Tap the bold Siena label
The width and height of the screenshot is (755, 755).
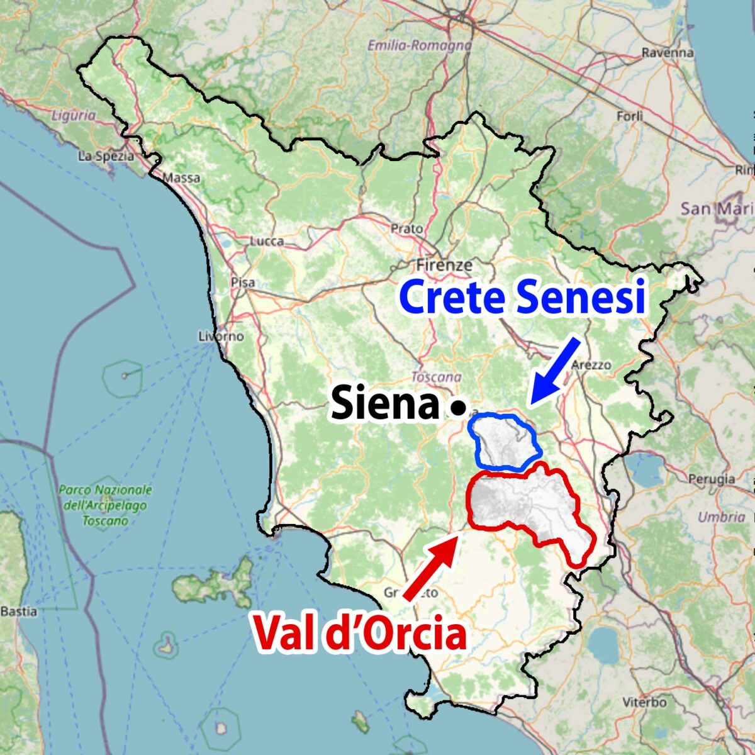(x=384, y=405)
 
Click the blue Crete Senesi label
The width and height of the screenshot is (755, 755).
(x=523, y=298)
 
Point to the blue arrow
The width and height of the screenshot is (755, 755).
(x=555, y=370)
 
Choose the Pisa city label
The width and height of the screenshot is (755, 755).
(x=243, y=282)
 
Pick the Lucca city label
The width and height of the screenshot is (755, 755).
(x=267, y=241)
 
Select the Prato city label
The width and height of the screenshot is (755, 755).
(x=406, y=228)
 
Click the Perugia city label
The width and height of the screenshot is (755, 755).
(x=712, y=479)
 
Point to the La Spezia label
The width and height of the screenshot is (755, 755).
(x=106, y=156)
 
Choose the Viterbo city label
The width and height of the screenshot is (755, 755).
(x=644, y=702)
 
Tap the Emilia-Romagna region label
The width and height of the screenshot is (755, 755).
(x=419, y=45)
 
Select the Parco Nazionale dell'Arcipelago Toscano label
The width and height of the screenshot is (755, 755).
(x=106, y=505)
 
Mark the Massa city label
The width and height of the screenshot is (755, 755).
(x=181, y=178)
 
